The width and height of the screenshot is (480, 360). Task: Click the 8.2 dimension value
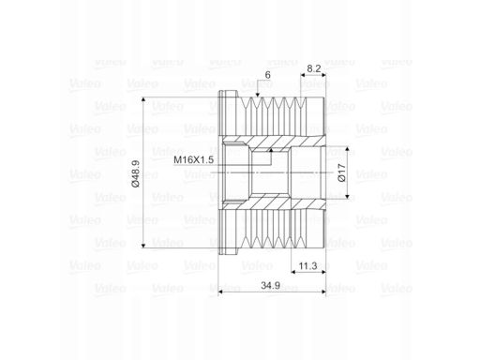tap(314, 68)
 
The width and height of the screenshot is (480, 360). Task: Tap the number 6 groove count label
tap(267, 75)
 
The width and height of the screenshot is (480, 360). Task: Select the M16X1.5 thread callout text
tap(194, 159)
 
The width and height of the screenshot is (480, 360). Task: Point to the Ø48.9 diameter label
tap(136, 173)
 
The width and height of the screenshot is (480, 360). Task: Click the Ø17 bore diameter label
tap(342, 172)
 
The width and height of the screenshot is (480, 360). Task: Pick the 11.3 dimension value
tap(307, 266)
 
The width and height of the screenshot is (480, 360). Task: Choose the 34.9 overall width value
tap(271, 285)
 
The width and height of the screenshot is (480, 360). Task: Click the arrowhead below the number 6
tap(258, 95)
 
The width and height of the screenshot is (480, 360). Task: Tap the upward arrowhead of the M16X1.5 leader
tap(271, 150)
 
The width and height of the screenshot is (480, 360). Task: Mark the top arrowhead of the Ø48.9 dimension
tap(143, 99)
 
